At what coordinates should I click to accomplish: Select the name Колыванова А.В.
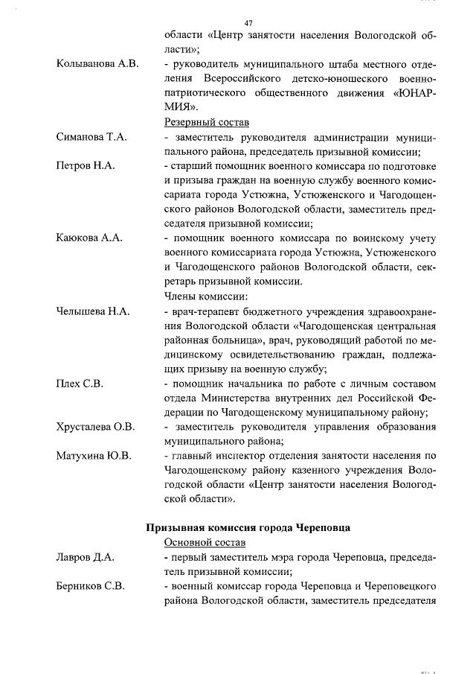pos(97,64)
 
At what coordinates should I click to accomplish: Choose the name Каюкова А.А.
pos(89,238)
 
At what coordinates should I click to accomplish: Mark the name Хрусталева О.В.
pos(95,427)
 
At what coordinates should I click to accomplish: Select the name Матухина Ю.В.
pos(93,455)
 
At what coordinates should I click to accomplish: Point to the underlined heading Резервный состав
pos(206,122)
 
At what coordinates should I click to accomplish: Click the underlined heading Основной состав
pos(205,542)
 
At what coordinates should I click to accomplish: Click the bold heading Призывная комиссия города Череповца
pos(248,527)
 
